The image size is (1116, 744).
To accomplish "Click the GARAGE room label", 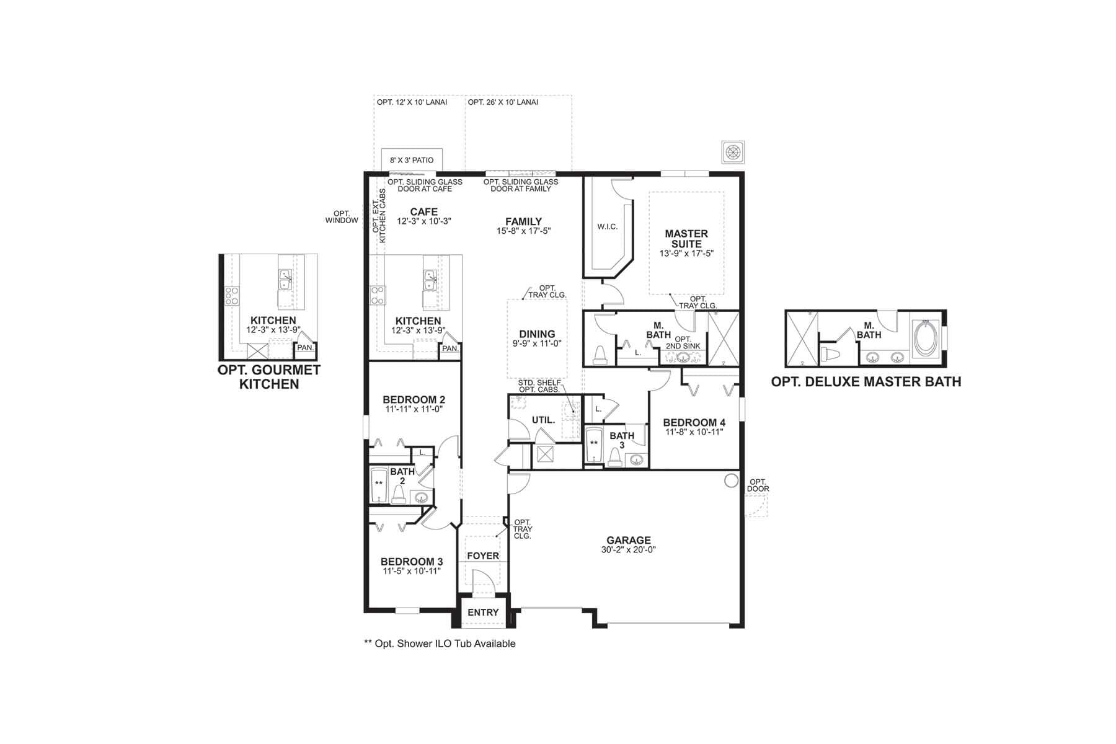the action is click(628, 540).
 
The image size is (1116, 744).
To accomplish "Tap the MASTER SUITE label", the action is click(686, 239).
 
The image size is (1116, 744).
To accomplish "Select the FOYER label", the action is click(483, 556).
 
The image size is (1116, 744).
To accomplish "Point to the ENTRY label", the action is click(483, 613).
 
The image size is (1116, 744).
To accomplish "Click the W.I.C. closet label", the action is click(608, 227).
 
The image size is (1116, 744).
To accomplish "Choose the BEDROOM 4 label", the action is click(694, 423).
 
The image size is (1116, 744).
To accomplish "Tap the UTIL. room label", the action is click(543, 420).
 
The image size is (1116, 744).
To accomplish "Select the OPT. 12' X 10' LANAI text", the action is click(412, 102).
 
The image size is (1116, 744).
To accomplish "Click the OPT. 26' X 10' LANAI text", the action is click(503, 102).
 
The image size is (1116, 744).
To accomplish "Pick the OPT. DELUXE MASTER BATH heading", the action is click(866, 382).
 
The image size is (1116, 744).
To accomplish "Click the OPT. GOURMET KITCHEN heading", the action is click(269, 377).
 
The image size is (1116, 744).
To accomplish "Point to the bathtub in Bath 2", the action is click(379, 486).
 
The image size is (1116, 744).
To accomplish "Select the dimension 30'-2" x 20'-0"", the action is click(628, 550).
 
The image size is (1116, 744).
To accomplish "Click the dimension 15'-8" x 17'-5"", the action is click(523, 231).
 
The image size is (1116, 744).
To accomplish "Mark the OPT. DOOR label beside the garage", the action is click(758, 485).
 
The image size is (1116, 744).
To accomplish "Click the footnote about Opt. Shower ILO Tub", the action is click(440, 644).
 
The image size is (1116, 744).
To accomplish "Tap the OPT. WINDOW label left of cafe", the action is click(342, 217).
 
